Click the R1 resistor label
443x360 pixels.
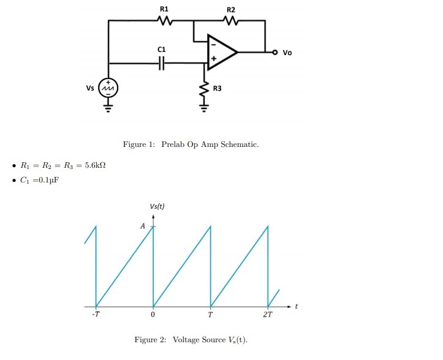(x=164, y=9)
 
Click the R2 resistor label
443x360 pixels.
(x=230, y=9)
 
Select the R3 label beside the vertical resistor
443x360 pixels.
(x=217, y=89)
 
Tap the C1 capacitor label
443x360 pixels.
(x=162, y=48)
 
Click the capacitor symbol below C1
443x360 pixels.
(x=162, y=62)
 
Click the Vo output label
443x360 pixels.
(x=287, y=53)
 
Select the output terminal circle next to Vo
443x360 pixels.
(x=275, y=52)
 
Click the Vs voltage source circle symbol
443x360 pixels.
(x=108, y=88)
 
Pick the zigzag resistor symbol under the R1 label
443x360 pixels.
(x=164, y=21)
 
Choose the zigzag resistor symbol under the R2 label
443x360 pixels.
(x=230, y=21)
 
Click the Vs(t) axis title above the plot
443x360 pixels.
(x=156, y=206)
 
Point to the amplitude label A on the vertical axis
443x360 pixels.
(x=143, y=226)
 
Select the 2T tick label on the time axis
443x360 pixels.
(x=268, y=315)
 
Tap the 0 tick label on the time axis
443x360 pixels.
(x=153, y=315)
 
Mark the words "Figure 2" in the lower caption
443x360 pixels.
(x=151, y=339)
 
